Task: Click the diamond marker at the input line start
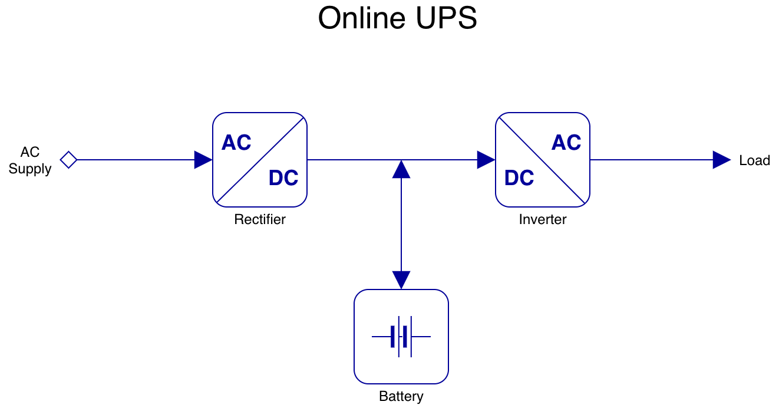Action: [68, 160]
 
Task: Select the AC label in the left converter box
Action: [236, 143]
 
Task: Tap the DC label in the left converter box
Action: [283, 178]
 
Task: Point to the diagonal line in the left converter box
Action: [260, 160]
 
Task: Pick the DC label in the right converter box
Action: [519, 178]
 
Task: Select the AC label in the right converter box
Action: [566, 143]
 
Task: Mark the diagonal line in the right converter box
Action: [543, 160]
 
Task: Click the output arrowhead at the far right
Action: [722, 160]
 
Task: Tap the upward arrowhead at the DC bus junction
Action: [401, 170]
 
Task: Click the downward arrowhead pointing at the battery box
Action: [401, 279]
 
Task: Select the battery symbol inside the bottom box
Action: [401, 337]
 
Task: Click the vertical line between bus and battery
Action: [401, 224]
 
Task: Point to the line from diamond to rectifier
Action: [136, 160]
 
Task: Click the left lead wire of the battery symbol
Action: [381, 337]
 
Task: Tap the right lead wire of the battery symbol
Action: [421, 337]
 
